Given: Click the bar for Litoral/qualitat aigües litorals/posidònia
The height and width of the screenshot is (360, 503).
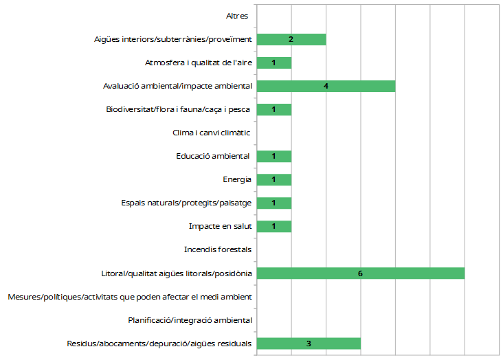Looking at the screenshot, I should click(360, 273).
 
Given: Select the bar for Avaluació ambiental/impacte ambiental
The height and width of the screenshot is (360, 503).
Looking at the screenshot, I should click(326, 86).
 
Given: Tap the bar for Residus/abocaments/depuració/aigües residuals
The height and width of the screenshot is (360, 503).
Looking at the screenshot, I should click(309, 344).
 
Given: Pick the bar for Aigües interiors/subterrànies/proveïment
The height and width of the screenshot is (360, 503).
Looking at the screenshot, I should click(291, 39).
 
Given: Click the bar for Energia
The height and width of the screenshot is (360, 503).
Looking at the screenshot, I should click(273, 180).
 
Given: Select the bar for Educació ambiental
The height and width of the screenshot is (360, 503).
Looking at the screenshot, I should click(273, 157).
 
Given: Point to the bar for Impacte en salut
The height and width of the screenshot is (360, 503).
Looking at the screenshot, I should click(273, 227).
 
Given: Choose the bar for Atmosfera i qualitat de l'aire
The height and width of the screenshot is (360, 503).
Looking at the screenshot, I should click(273, 63).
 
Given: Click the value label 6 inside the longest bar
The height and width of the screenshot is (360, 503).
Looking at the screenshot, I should click(360, 273).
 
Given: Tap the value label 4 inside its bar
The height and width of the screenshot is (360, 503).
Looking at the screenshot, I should click(326, 86).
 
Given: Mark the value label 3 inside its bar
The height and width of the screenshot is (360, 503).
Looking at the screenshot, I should click(309, 344).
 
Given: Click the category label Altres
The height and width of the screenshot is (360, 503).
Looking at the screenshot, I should click(237, 16).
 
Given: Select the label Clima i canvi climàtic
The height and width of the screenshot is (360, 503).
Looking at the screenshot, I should click(211, 133).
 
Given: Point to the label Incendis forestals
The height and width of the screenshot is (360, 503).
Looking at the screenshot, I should click(218, 250).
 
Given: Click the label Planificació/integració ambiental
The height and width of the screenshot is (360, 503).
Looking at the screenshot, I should click(190, 320).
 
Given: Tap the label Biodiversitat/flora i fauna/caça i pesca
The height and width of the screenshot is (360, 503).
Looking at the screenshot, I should click(179, 109).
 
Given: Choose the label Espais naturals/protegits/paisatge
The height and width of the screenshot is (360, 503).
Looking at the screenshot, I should click(186, 203).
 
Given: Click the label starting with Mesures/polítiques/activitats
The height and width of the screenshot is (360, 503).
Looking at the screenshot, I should click(130, 297).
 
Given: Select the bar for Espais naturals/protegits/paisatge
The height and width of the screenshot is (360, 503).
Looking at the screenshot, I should click(273, 203).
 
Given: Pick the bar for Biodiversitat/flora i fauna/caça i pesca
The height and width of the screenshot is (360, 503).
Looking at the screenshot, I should click(273, 109).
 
